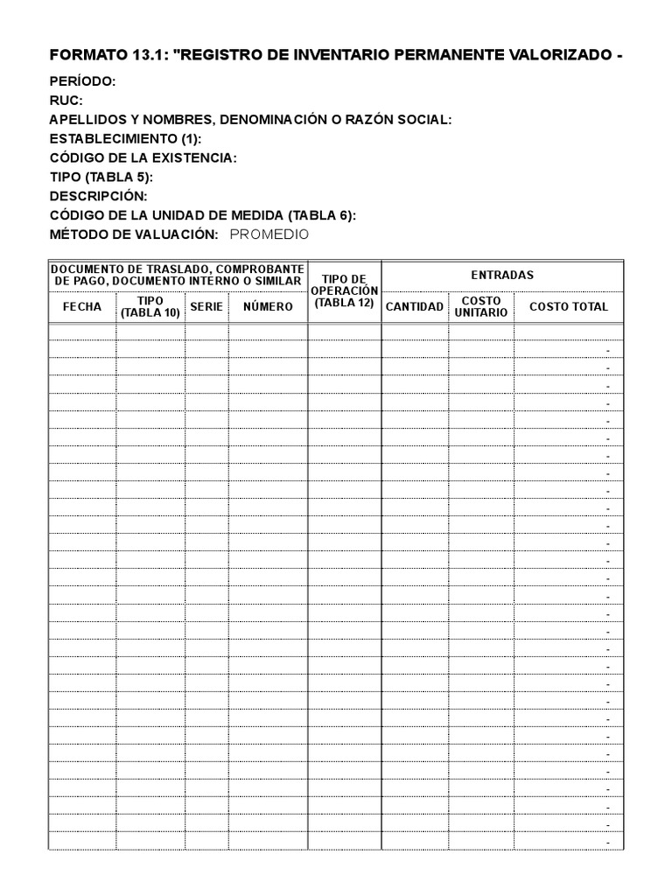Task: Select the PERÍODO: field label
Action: (82, 82)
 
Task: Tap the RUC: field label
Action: (66, 101)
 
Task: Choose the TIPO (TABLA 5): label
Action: (101, 178)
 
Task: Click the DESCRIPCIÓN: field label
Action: (99, 196)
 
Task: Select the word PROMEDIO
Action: (269, 234)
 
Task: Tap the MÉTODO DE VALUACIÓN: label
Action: (134, 234)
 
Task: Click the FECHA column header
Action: (82, 307)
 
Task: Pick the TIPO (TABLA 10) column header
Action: (150, 307)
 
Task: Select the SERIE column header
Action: (206, 307)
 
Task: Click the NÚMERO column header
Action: (268, 307)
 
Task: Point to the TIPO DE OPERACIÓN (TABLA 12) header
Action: (344, 290)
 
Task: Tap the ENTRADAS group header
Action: (502, 275)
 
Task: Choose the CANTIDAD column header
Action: (415, 307)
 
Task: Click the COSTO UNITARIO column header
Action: (481, 307)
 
